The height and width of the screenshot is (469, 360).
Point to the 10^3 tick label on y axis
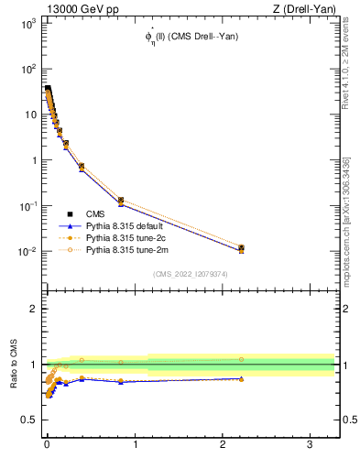[28, 24]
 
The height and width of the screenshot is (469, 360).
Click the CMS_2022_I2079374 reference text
[190, 272]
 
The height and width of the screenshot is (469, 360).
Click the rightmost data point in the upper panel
[241, 248]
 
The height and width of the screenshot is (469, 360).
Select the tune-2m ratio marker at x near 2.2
[241, 359]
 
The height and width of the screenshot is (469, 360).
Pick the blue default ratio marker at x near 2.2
[241, 378]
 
